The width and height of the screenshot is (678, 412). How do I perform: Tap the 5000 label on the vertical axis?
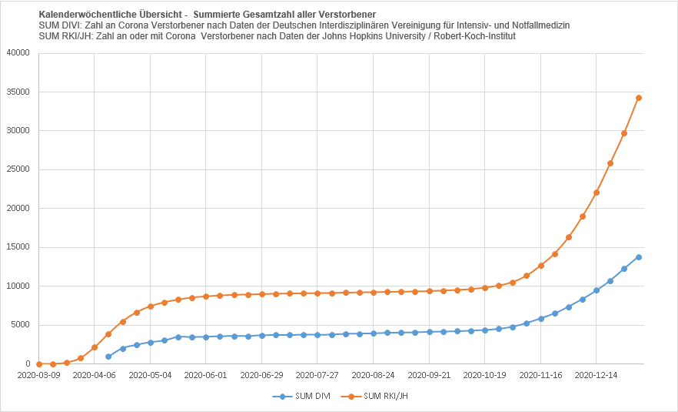click(x=21, y=325)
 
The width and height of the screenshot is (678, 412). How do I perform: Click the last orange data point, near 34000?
click(x=638, y=98)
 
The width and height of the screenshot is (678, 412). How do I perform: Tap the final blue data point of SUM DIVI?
click(x=638, y=257)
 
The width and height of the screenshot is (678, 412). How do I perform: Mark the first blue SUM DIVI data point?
click(x=108, y=357)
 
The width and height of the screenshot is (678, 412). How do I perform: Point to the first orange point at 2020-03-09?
click(x=38, y=363)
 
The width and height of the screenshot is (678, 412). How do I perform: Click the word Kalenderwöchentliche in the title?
click(x=85, y=15)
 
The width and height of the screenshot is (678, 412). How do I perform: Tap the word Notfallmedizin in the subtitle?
click(x=533, y=25)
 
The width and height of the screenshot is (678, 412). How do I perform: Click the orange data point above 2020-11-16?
click(x=540, y=266)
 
